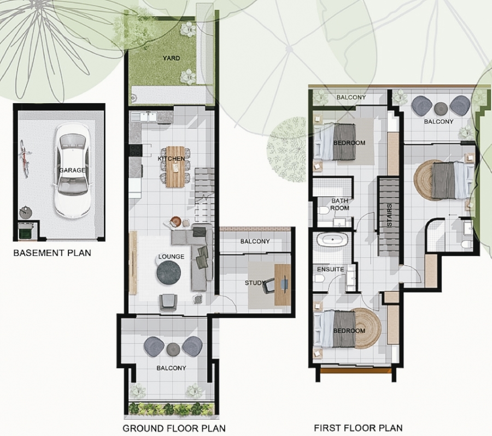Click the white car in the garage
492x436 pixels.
[73, 171]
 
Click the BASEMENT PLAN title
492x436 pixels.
[52, 253]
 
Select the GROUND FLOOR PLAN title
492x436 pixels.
[174, 428]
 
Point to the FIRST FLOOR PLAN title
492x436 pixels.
[358, 428]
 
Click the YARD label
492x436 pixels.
[171, 58]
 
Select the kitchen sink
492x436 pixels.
[144, 117]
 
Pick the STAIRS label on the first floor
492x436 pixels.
[389, 215]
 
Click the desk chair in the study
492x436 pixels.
[269, 286]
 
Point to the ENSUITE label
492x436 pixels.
[330, 270]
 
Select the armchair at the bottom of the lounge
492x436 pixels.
[168, 302]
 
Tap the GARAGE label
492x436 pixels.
[73, 170]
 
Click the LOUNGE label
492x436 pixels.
[171, 256]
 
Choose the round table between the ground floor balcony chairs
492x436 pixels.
[173, 349]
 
